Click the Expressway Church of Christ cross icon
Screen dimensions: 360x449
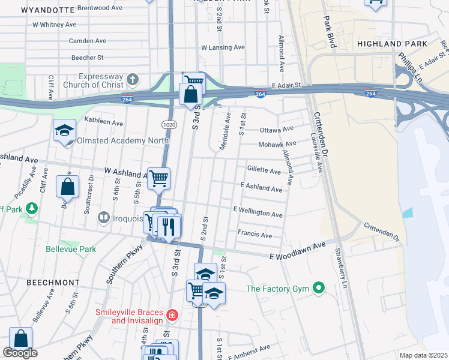133,79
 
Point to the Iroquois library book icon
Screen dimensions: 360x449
104,218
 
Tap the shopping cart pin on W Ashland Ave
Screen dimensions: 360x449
159,178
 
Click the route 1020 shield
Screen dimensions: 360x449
168,124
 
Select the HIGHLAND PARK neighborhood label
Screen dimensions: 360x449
392,44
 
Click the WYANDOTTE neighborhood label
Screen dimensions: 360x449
47,10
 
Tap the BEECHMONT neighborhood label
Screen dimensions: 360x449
52,282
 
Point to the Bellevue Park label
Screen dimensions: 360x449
71,248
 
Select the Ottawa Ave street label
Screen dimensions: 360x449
277,130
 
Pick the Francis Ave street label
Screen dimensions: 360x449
255,234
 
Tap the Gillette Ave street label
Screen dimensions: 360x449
264,171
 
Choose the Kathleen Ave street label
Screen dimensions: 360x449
103,122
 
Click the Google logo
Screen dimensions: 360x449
20,353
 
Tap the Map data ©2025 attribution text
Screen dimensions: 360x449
423,355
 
